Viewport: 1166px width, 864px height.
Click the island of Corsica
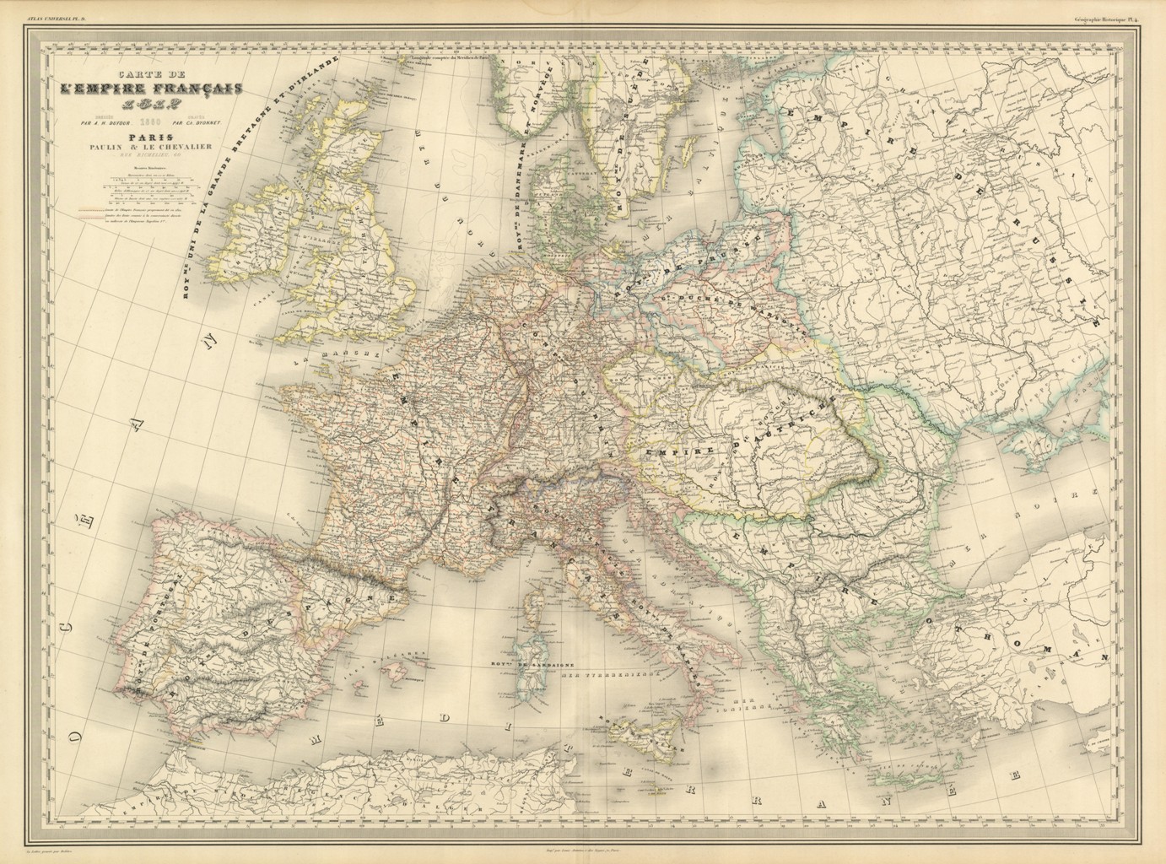(x=533, y=610)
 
